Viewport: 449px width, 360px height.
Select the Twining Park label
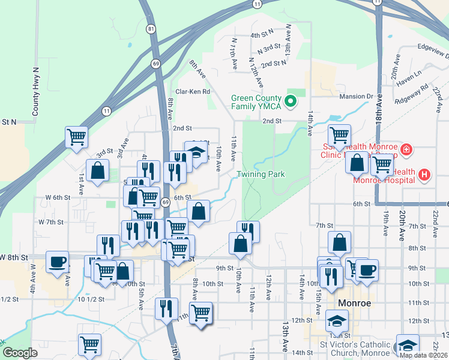[x=260, y=174]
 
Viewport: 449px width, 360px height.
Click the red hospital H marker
[x=424, y=175]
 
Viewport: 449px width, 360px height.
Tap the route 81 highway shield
[x=151, y=29]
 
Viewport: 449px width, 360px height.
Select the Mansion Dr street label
[x=356, y=96]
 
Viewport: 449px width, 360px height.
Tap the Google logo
[x=20, y=353]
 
